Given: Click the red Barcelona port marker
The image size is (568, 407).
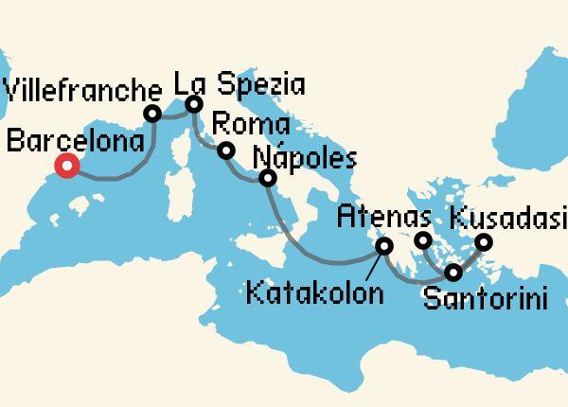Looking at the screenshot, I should (66, 168).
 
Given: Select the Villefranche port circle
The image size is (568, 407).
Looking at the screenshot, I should (151, 114).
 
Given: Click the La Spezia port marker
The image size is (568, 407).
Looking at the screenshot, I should (194, 104).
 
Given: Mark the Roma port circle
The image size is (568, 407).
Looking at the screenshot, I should (226, 150).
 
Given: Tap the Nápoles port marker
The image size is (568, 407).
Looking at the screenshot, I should (268, 178).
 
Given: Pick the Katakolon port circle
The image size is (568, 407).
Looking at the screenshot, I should (384, 246).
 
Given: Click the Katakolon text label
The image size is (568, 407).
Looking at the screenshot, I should (314, 292).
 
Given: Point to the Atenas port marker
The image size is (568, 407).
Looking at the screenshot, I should (423, 239).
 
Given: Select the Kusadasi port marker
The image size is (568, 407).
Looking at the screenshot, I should (483, 242).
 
